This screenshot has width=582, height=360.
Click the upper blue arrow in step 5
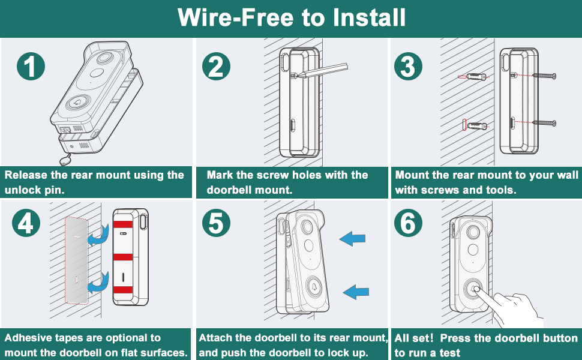click(352, 239)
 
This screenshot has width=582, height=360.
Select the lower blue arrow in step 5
click(356, 292)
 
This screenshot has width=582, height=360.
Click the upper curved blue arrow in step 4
click(98, 239)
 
